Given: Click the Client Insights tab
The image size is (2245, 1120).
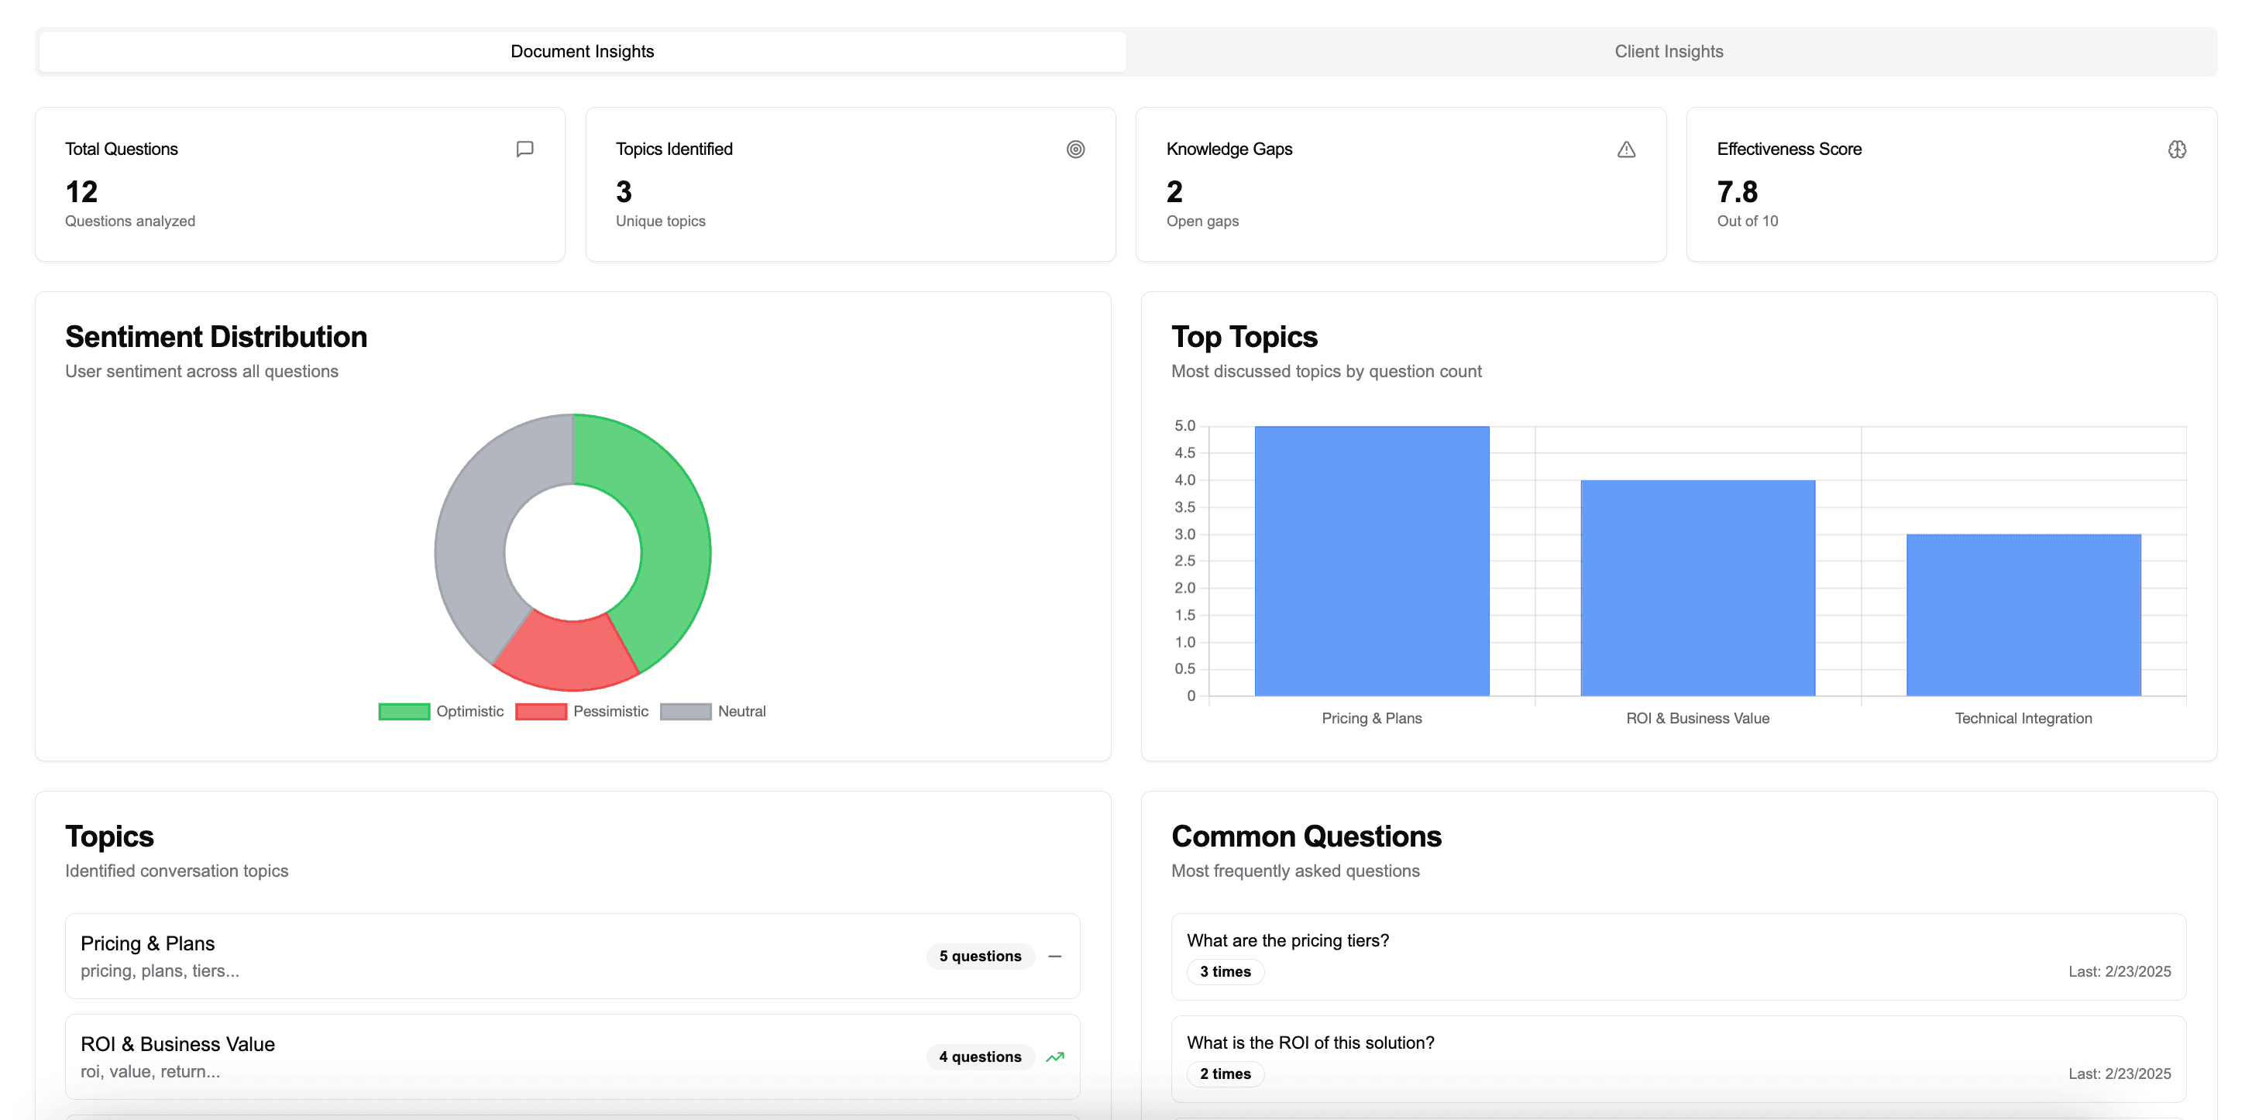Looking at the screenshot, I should pyautogui.click(x=1668, y=51).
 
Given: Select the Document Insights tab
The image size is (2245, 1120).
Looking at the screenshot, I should pyautogui.click(x=583, y=51).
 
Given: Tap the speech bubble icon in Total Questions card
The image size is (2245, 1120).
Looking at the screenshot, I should pyautogui.click(x=524, y=149).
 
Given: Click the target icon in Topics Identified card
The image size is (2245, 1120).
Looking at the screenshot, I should pyautogui.click(x=1075, y=149).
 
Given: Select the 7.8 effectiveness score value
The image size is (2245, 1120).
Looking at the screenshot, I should pyautogui.click(x=1737, y=192).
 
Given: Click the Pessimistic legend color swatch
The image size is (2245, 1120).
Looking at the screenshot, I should pyautogui.click(x=541, y=712).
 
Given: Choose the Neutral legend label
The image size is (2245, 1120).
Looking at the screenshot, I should pyautogui.click(x=741, y=711).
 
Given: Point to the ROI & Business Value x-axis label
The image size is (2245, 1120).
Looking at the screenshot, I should pyautogui.click(x=1697, y=718).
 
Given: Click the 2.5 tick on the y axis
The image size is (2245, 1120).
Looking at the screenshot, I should pyautogui.click(x=1184, y=561).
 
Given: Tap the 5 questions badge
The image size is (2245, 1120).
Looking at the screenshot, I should pyautogui.click(x=979, y=956).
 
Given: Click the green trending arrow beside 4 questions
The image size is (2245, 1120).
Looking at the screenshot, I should pyautogui.click(x=1054, y=1057).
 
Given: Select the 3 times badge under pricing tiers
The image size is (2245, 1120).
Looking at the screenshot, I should pyautogui.click(x=1225, y=972).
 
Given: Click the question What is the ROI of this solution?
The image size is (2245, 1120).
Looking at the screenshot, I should pyautogui.click(x=1310, y=1043).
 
